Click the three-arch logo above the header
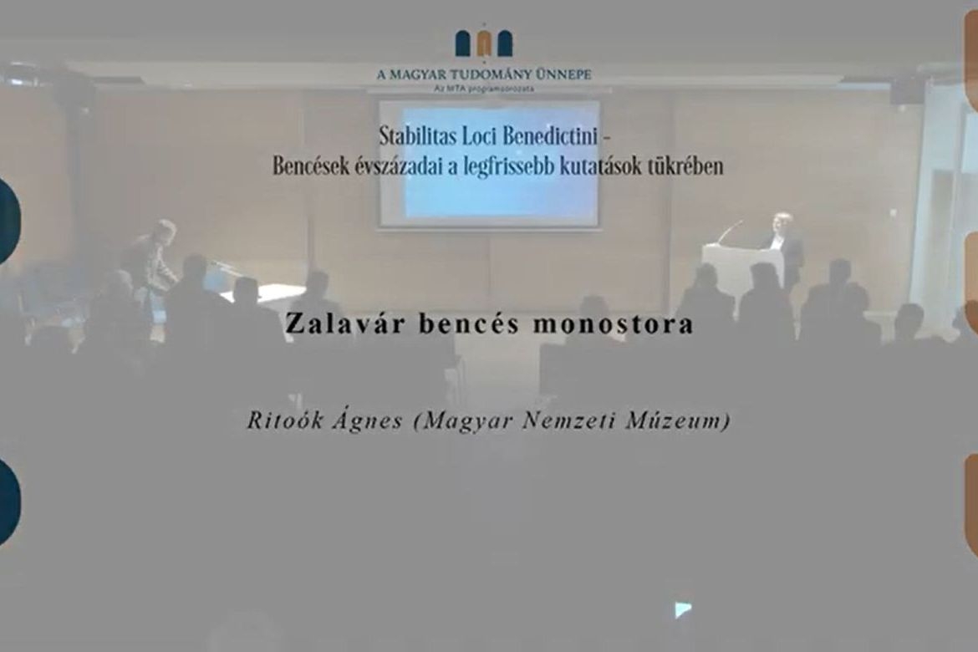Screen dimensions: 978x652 pos(484,43)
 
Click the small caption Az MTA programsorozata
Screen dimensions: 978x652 pos(485,89)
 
